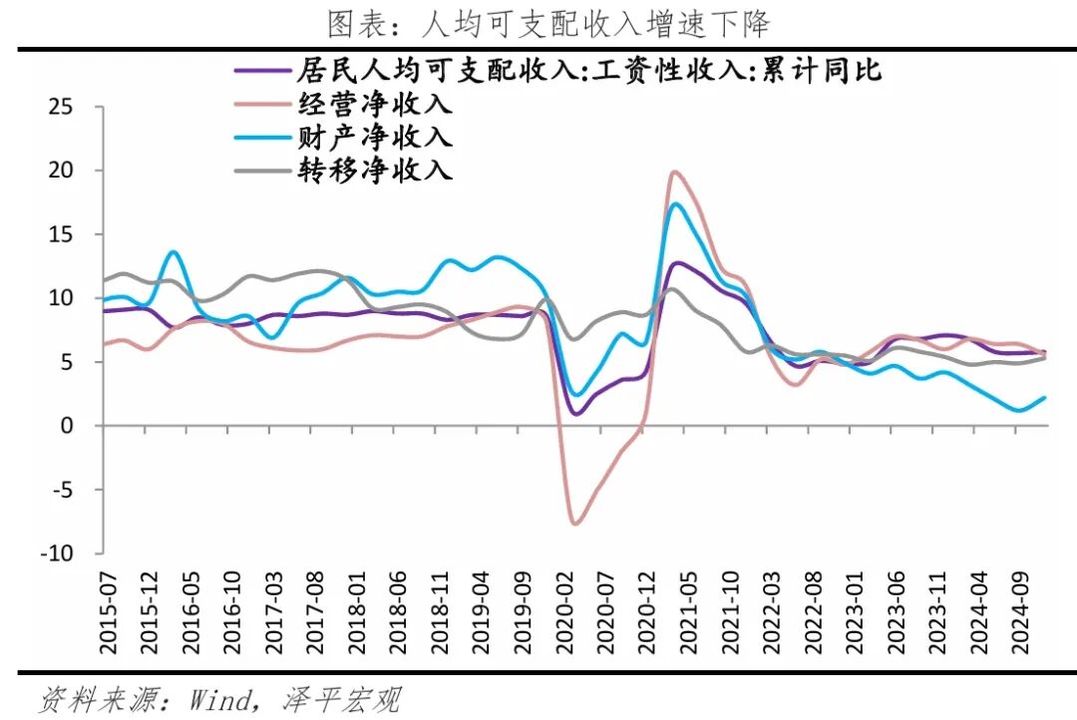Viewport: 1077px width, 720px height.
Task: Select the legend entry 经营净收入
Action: (374, 103)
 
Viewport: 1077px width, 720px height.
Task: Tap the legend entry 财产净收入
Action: (374, 136)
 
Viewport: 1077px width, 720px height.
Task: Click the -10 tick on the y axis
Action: (58, 553)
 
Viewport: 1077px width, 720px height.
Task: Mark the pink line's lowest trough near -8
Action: (575, 523)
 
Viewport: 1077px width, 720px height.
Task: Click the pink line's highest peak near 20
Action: (675, 172)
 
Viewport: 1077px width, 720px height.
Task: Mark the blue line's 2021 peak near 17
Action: (676, 204)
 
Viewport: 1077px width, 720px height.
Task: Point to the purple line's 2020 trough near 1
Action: (576, 413)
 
